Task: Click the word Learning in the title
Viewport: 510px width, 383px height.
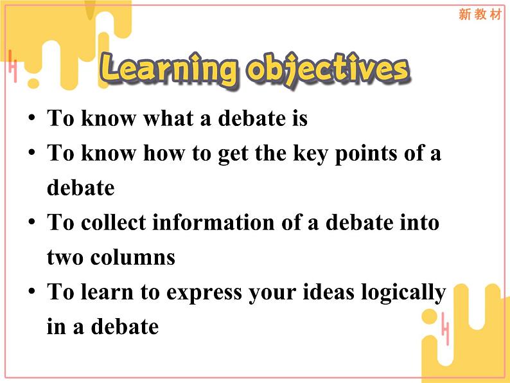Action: click(168, 68)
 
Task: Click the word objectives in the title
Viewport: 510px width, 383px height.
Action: click(328, 69)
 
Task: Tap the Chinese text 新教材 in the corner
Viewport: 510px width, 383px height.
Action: click(480, 14)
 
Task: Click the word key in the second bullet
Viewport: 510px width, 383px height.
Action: click(310, 154)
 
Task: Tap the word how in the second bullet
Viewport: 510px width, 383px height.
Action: click(164, 153)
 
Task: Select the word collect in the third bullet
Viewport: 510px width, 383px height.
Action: click(113, 222)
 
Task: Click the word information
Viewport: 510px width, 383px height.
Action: click(213, 222)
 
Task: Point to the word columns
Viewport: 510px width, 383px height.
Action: click(133, 258)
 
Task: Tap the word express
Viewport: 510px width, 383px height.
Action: click(204, 293)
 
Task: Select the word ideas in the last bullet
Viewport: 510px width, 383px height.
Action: click(328, 292)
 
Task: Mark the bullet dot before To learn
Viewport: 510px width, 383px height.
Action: click(31, 291)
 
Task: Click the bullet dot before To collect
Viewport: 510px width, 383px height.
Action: click(31, 221)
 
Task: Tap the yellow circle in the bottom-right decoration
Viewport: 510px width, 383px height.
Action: click(430, 317)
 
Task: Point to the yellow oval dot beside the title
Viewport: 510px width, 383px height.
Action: click(33, 84)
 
